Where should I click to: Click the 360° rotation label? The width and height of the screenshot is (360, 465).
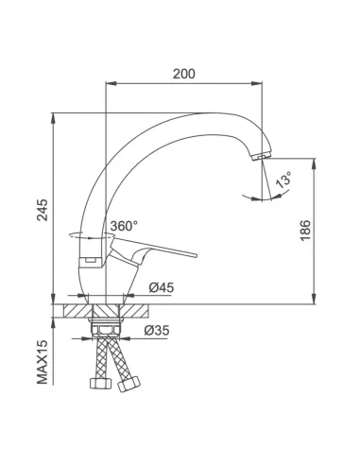124,227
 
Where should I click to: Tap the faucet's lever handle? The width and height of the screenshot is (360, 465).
165,252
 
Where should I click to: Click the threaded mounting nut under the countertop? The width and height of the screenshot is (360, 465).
105,325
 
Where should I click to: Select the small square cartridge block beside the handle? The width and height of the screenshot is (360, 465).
88,254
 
